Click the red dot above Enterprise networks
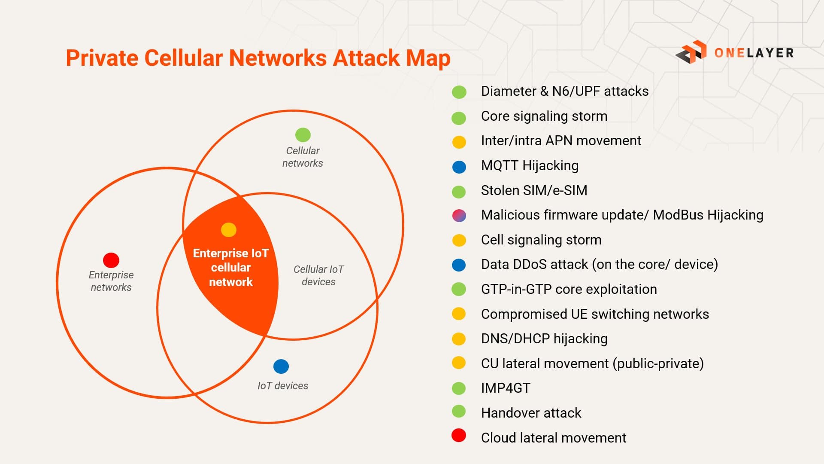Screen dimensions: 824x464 tap(111, 260)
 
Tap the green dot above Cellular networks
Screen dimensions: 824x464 tap(303, 135)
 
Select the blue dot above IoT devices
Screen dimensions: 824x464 tap(281, 366)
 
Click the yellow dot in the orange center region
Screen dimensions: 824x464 tap(229, 230)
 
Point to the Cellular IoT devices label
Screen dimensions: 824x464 tap(318, 275)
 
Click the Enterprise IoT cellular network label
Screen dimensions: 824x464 tap(231, 268)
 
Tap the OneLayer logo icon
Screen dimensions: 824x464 tap(691, 52)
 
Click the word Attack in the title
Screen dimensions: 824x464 tap(366, 58)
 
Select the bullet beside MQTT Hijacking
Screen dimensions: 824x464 tap(459, 167)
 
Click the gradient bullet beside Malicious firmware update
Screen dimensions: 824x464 tap(459, 216)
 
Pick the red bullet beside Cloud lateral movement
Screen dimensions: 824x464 tap(459, 435)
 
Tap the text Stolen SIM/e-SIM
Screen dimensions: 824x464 tap(534, 190)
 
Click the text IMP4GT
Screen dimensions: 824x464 tap(506, 388)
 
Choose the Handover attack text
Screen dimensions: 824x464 tap(531, 413)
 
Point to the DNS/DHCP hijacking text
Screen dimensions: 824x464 tap(544, 339)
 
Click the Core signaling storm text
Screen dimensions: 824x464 tap(544, 116)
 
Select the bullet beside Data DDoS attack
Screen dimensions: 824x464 tap(459, 265)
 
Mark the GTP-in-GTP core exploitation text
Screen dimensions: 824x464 tap(569, 289)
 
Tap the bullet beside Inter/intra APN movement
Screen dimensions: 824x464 tap(459, 142)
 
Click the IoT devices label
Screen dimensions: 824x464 tap(283, 386)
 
